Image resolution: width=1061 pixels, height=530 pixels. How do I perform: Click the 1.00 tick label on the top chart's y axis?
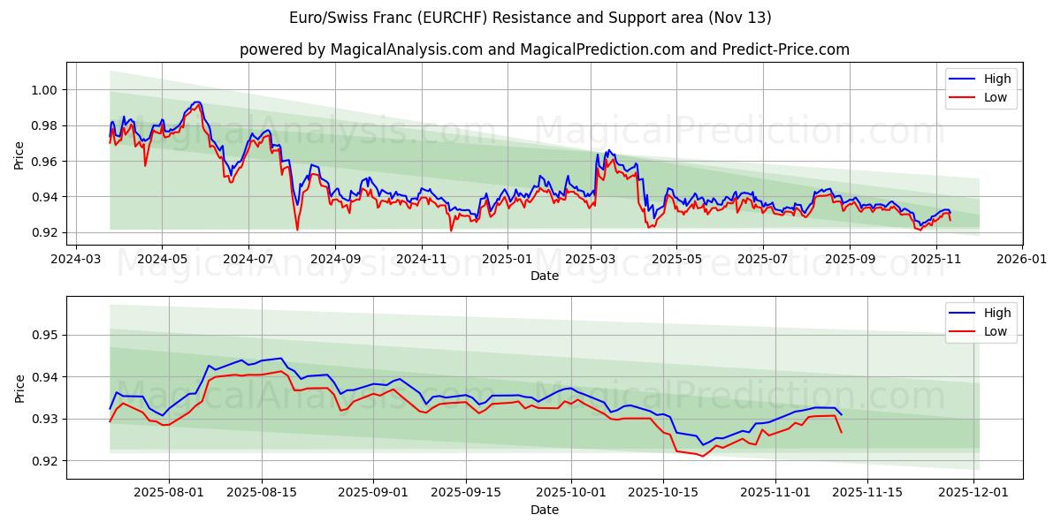tap(45, 90)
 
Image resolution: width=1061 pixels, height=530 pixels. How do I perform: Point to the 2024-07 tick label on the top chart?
tap(248, 260)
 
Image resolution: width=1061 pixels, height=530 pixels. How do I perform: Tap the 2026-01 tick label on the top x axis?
tap(1022, 260)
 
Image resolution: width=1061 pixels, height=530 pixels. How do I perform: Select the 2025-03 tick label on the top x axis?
tap(591, 260)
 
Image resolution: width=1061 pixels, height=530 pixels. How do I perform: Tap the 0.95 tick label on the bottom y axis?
tap(45, 335)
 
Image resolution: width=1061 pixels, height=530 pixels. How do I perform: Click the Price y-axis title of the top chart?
tap(19, 155)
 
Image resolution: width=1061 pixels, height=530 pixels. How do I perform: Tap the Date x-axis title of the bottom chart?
tap(545, 510)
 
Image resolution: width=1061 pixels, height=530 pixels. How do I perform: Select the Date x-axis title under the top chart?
tap(545, 276)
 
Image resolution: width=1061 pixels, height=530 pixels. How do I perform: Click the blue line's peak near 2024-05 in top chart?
tap(196, 102)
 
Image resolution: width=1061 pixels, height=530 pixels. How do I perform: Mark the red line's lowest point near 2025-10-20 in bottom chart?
tap(702, 456)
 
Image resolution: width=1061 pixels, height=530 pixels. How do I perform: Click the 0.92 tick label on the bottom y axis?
tap(45, 461)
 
